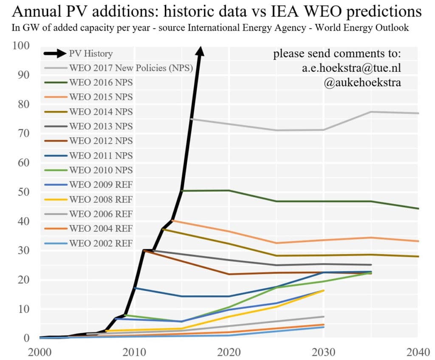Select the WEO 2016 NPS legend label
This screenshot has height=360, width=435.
101,82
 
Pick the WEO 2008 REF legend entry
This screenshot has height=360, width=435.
101,199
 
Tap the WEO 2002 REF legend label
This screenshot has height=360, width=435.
101,243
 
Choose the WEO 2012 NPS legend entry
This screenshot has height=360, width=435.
101,141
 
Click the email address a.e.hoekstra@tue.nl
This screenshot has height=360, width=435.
351,68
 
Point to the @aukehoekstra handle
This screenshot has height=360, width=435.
362,82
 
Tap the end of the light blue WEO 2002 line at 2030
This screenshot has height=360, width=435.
324,327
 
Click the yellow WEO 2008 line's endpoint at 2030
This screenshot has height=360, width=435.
324,290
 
